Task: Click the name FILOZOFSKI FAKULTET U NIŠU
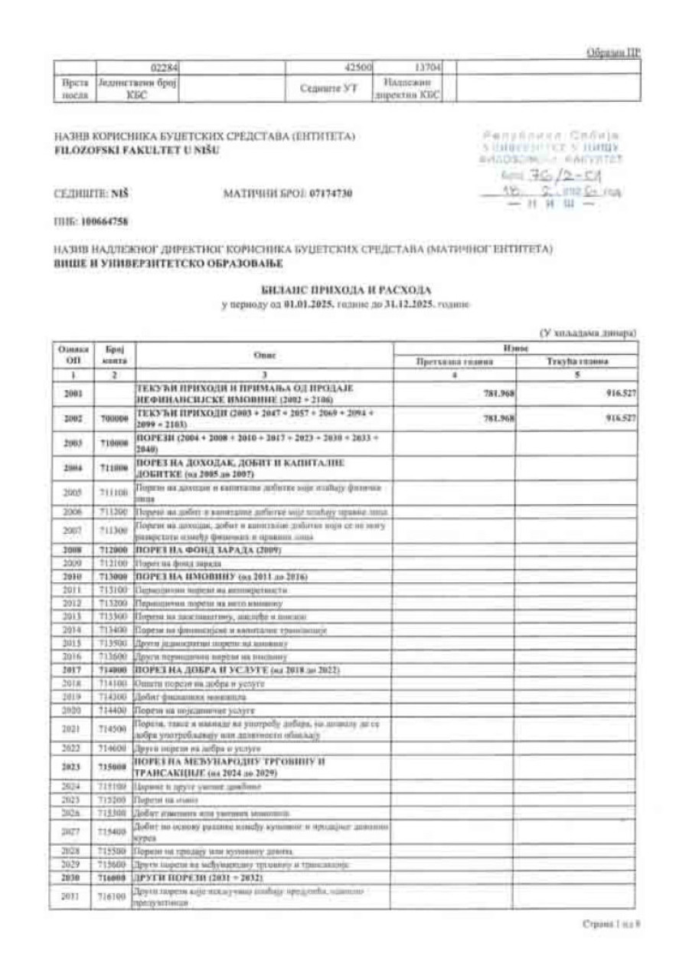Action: coord(136,150)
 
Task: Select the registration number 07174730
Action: coord(331,193)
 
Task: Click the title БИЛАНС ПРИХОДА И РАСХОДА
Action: coord(345,290)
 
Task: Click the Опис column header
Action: coord(263,355)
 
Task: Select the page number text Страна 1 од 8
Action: coord(610,925)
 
